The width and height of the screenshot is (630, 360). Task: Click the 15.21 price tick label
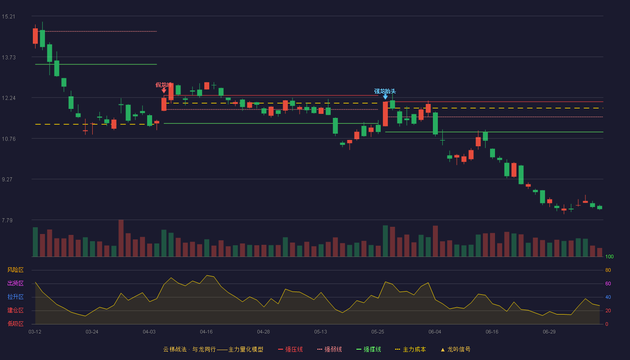click(9, 17)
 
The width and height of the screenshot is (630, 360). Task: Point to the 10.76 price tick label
click(9, 139)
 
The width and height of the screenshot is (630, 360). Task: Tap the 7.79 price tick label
click(7, 220)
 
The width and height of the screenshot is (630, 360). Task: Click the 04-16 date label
click(206, 332)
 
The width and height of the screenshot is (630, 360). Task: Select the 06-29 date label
click(549, 332)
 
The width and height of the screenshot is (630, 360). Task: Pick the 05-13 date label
click(320, 332)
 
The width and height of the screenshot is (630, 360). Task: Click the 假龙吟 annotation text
click(163, 85)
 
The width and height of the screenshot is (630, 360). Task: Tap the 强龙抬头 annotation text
click(385, 91)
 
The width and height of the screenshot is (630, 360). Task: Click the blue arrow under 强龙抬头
click(385, 97)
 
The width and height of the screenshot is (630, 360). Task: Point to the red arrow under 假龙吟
click(164, 90)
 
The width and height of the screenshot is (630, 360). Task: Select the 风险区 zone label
click(15, 270)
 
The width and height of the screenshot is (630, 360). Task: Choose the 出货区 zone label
click(15, 283)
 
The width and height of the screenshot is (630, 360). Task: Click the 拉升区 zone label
click(15, 297)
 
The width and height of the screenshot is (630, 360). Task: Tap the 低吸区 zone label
click(15, 324)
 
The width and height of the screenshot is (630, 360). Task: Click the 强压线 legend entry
click(290, 349)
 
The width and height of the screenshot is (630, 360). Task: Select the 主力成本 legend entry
click(410, 349)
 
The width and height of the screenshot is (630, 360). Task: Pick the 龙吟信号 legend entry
click(455, 349)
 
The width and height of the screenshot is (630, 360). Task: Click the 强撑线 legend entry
click(369, 349)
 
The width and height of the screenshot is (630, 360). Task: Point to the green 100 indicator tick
click(609, 256)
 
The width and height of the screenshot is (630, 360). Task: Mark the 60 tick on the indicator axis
click(608, 283)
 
